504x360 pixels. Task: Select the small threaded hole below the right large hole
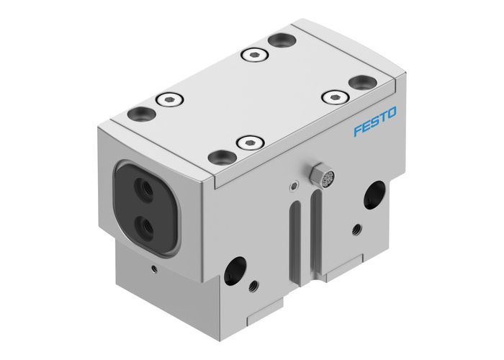point(356,230)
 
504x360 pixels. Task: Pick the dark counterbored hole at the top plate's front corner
point(217,156)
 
